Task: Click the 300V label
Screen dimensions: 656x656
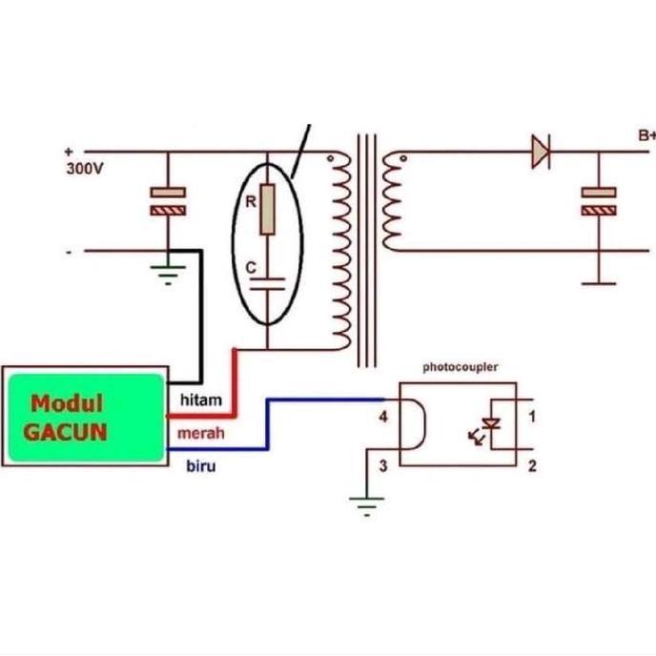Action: pos(84,168)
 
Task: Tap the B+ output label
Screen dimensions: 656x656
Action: pos(646,136)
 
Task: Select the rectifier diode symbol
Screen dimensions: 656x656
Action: pos(541,152)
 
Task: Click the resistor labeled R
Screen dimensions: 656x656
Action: pos(268,210)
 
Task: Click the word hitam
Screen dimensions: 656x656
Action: pos(199,401)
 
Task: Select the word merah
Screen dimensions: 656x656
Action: pos(201,433)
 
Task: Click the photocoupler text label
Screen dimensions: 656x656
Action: pos(460,366)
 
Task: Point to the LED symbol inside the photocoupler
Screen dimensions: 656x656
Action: pos(492,425)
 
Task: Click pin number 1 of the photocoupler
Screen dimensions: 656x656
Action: pos(532,416)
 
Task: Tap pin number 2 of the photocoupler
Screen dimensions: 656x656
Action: pos(532,465)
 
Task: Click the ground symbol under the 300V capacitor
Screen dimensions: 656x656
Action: pos(169,276)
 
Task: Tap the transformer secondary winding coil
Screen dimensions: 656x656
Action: pos(388,202)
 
